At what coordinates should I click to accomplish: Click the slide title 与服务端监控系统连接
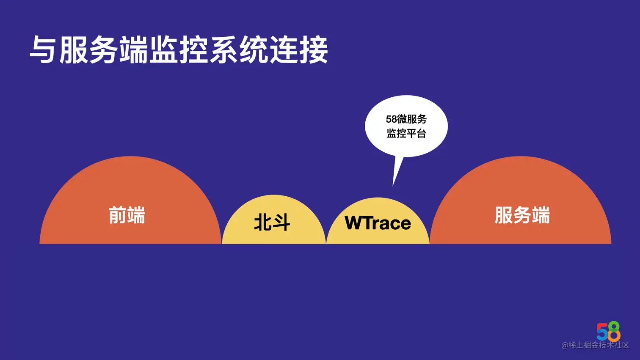(179, 50)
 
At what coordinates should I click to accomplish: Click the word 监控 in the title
(179, 50)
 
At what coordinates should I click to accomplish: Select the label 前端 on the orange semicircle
(127, 215)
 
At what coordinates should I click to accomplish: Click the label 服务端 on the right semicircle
(522, 215)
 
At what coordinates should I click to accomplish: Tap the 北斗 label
(272, 223)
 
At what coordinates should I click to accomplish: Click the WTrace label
(378, 223)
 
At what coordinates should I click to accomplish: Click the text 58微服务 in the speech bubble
(406, 119)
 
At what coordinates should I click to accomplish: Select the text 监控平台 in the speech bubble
(406, 134)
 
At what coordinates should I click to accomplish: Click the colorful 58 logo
(609, 331)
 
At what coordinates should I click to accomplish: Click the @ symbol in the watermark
(565, 346)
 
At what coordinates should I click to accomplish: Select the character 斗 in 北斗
(281, 223)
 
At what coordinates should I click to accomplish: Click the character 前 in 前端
(117, 215)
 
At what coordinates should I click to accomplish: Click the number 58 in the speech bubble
(391, 119)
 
